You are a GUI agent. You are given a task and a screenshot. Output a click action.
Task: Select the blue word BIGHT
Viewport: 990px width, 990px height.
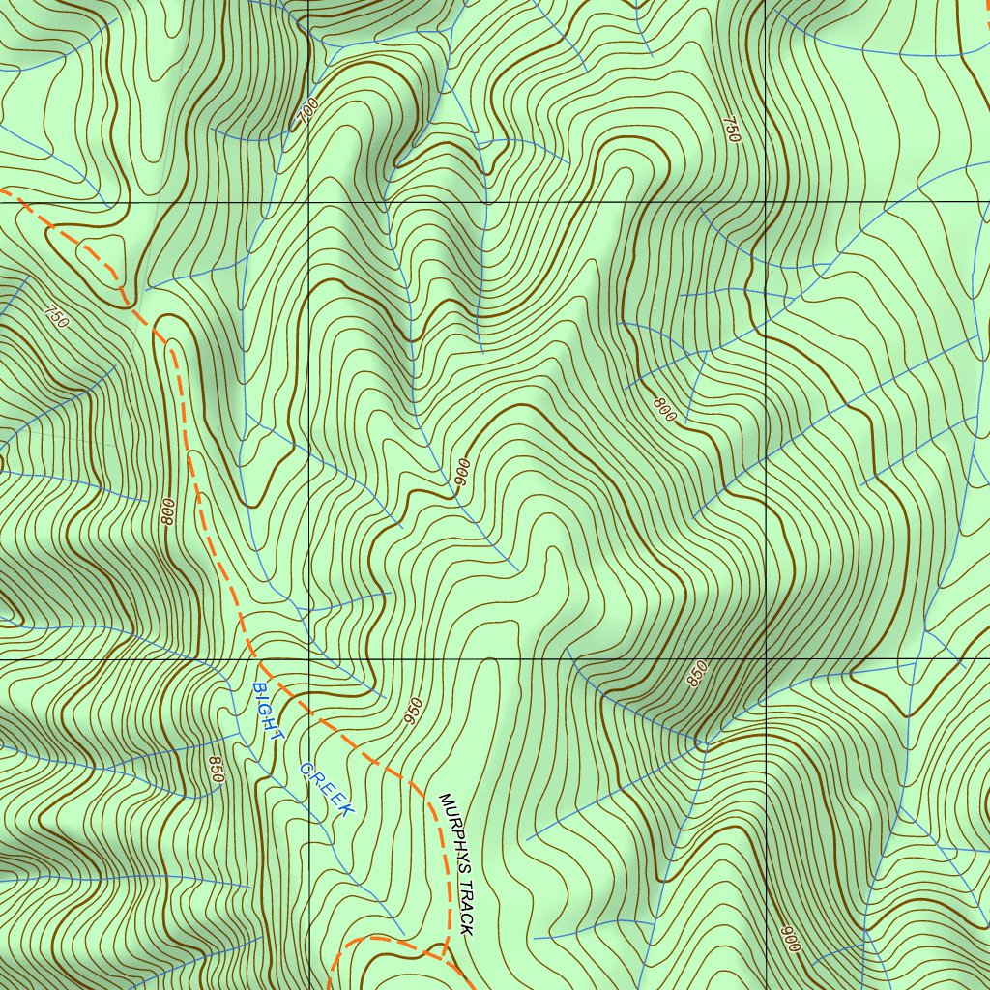[x=268, y=711]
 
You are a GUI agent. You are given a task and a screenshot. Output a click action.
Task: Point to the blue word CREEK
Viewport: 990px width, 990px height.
[x=327, y=789]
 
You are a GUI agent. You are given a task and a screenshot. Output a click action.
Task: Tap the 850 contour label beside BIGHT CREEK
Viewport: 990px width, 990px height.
[x=216, y=769]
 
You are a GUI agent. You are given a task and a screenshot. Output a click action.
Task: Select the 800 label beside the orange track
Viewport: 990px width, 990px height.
[x=168, y=512]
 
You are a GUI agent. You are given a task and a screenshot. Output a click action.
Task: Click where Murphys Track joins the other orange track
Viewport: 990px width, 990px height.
[x=443, y=953]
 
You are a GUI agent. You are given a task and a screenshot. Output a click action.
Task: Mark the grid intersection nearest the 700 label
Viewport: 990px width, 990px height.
[x=307, y=204]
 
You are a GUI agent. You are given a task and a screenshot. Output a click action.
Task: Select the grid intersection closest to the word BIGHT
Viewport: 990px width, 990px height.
[x=307, y=660]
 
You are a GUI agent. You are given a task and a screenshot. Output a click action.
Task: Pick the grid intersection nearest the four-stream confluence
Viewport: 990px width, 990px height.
[x=765, y=660]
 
